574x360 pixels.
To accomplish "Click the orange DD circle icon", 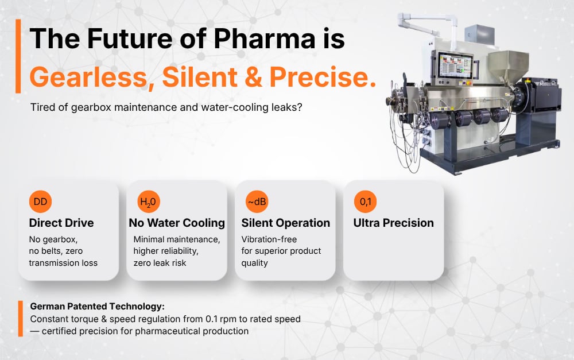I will pos(40,202).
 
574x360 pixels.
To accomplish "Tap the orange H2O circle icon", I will pos(149,202).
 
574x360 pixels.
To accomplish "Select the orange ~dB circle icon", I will pos(257,202).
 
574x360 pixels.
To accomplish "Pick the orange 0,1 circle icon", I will pos(365,202).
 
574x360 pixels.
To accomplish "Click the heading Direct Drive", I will pos(61,223).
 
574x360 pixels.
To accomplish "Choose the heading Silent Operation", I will pos(285,223).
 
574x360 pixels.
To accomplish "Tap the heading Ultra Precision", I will pos(393,223).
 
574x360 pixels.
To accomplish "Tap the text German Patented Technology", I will pos(97,307).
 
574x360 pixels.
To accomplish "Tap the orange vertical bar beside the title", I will pos(18,56).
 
